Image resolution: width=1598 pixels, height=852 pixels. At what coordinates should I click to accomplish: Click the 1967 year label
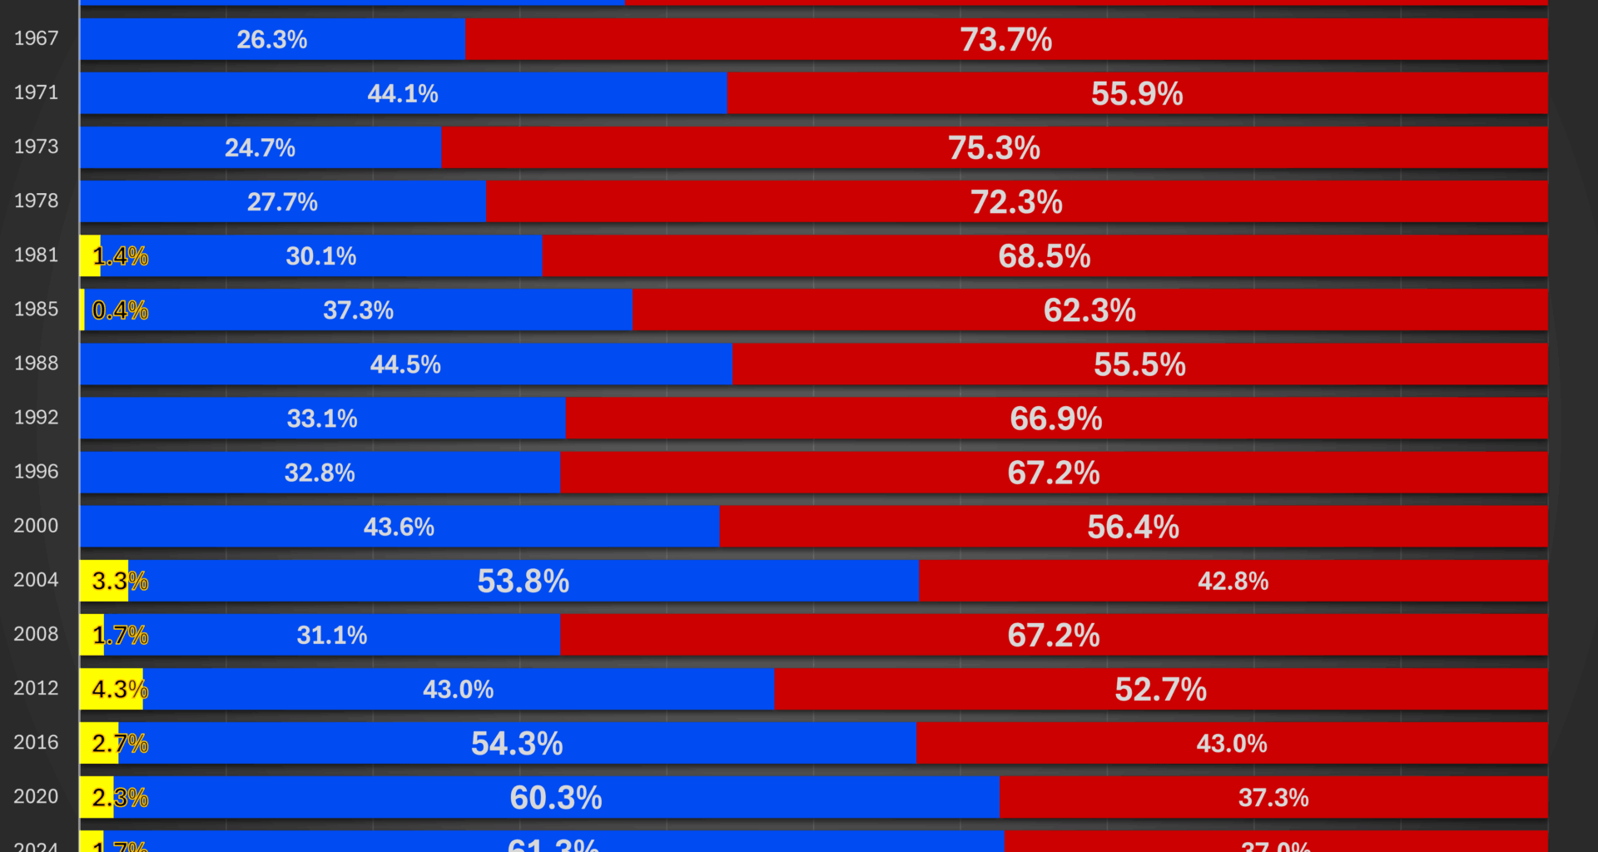[x=36, y=38]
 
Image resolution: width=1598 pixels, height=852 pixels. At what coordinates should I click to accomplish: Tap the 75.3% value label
[x=994, y=148]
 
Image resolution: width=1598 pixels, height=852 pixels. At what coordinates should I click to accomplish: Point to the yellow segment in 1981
[x=88, y=255]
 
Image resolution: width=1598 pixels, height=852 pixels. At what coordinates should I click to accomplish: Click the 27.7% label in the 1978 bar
[x=282, y=202]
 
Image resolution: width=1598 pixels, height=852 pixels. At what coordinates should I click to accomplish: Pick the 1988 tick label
[x=36, y=364]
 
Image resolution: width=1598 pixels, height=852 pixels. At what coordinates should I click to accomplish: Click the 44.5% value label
[x=405, y=364]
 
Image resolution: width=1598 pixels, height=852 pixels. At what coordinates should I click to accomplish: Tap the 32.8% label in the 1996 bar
[x=320, y=473]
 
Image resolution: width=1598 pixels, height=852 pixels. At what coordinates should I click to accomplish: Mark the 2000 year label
[x=36, y=526]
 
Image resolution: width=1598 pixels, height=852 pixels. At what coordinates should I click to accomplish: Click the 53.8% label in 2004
[x=523, y=581]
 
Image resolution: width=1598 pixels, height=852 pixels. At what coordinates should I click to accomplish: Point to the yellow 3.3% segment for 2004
[x=103, y=581]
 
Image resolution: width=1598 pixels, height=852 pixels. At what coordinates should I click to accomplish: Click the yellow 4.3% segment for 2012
[x=110, y=689]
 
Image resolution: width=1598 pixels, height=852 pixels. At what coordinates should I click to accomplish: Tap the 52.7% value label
[x=1160, y=689]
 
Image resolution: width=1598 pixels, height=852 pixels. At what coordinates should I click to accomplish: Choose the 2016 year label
[x=36, y=742]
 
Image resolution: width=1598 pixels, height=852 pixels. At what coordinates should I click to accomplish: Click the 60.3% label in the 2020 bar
[x=555, y=797]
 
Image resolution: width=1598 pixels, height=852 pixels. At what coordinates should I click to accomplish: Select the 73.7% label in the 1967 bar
[x=1005, y=40]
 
